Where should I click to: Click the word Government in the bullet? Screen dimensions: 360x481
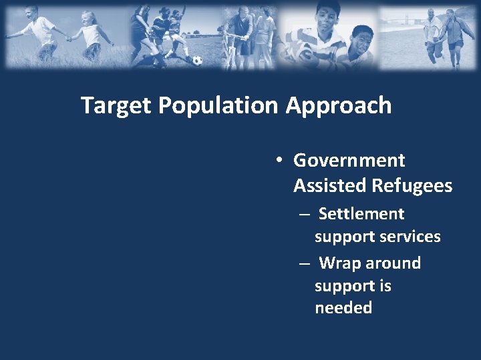click(x=349, y=161)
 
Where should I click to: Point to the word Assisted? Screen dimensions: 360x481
click(x=325, y=186)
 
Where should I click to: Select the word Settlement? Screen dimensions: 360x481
click(x=361, y=214)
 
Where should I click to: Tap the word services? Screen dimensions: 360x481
click(x=410, y=237)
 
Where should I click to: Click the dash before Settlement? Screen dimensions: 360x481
click(x=304, y=215)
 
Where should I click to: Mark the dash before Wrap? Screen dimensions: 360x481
click(x=304, y=264)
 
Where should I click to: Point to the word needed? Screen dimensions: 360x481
click(x=343, y=308)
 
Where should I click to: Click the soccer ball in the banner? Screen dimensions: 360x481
click(x=197, y=60)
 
